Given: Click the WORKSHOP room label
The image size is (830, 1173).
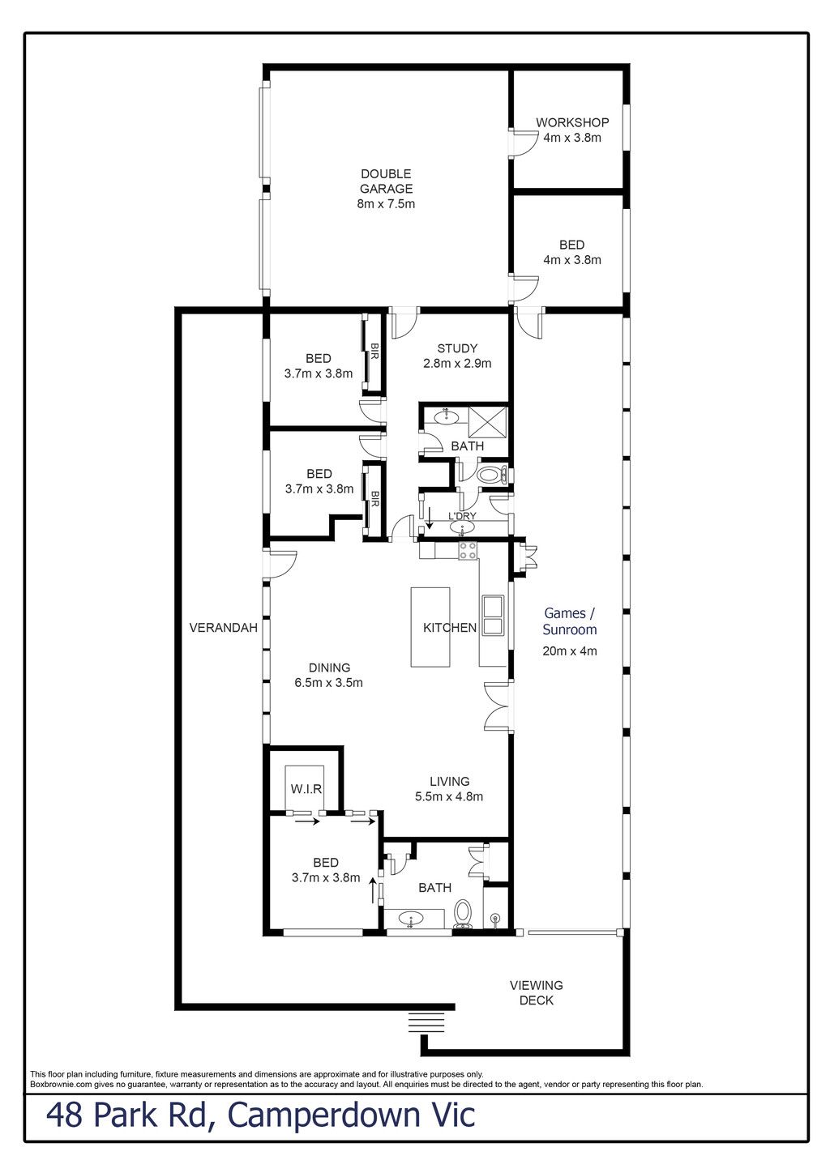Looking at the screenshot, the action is [571, 122].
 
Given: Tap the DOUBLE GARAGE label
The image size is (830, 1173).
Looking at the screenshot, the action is [386, 181].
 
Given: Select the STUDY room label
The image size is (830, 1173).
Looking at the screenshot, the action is [457, 348].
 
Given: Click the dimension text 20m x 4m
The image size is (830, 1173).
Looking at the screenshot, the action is [570, 651].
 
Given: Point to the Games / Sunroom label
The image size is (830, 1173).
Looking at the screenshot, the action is [570, 621].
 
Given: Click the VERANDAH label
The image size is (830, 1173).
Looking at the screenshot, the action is [223, 627].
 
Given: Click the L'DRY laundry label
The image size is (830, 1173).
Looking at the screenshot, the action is [462, 516].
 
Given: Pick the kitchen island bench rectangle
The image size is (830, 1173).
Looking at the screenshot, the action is [430, 627].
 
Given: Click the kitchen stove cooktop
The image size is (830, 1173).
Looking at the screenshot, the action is [468, 552].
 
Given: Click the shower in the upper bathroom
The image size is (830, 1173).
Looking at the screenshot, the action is [488, 421].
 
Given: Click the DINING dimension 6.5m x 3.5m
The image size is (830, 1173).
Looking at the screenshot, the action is [328, 682].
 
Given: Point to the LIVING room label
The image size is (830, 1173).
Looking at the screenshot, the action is [449, 781].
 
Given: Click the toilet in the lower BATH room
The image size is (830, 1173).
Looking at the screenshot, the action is [462, 913].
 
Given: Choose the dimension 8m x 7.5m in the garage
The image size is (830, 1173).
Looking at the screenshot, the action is [386, 203].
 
